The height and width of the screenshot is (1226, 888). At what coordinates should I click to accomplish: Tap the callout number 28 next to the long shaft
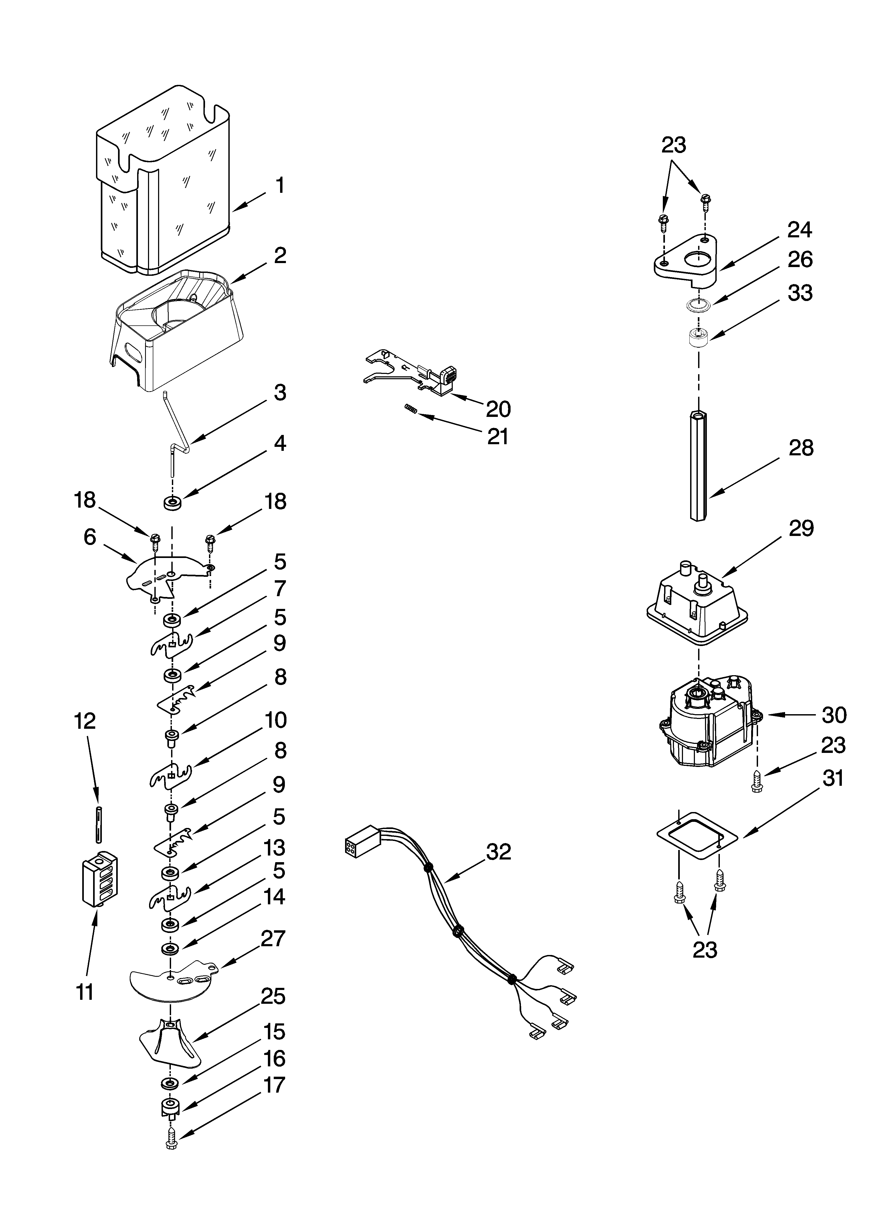(800, 448)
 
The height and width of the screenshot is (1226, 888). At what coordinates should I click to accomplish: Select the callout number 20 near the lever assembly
(498, 409)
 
